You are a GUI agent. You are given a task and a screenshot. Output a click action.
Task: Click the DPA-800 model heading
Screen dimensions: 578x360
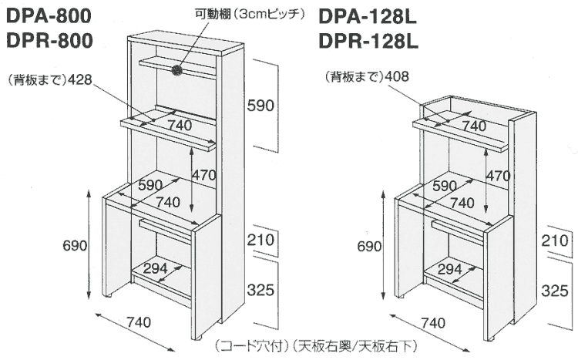(49, 17)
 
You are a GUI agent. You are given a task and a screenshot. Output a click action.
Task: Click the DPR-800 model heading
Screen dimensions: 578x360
(49, 41)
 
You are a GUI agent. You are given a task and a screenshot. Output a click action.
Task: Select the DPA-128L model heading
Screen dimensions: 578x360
(367, 17)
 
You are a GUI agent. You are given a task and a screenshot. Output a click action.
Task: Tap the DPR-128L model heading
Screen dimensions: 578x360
(368, 42)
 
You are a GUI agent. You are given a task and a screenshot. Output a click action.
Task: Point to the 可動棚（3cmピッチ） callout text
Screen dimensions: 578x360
(250, 14)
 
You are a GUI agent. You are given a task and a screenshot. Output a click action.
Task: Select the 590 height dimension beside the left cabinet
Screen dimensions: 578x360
(260, 106)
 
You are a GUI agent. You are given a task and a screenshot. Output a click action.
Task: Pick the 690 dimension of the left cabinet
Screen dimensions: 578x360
(75, 245)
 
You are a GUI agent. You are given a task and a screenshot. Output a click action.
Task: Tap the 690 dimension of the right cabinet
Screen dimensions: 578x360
(369, 246)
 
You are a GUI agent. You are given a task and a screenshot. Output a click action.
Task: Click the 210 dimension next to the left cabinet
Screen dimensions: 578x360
(260, 240)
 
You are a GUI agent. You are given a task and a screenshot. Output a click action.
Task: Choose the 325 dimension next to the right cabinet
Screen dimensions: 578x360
(555, 291)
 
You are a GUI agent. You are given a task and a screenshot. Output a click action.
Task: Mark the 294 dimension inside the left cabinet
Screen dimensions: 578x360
(155, 268)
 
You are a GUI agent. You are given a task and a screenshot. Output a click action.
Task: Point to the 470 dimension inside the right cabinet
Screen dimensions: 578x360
(499, 176)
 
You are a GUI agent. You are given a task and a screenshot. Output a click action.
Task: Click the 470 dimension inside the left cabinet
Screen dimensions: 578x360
(204, 175)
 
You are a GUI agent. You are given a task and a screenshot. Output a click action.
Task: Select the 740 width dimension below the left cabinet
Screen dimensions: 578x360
(139, 322)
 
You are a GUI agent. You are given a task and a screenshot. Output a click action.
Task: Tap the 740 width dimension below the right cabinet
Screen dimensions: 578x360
(433, 323)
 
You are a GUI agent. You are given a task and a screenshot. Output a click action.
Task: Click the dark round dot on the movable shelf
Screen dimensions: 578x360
(177, 69)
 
